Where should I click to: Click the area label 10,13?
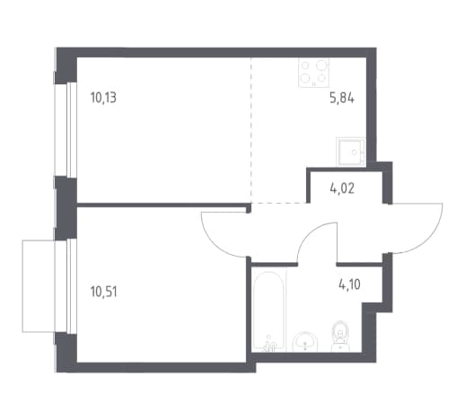(x=103, y=98)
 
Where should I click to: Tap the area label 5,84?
(x=342, y=98)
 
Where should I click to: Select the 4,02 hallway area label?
(x=342, y=188)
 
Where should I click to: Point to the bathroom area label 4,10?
(x=349, y=284)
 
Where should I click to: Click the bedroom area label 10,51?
(x=103, y=292)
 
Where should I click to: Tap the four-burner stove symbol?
(x=313, y=73)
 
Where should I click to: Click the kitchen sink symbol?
(x=351, y=151)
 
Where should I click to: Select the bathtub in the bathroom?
(x=269, y=311)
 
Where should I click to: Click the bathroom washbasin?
(x=304, y=343)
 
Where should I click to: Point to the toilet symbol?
(x=340, y=336)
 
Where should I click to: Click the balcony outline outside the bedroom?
(x=22, y=285)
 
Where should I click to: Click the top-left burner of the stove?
(x=305, y=65)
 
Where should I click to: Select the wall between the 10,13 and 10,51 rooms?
(x=163, y=206)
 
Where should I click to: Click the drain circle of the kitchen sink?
(x=355, y=153)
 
